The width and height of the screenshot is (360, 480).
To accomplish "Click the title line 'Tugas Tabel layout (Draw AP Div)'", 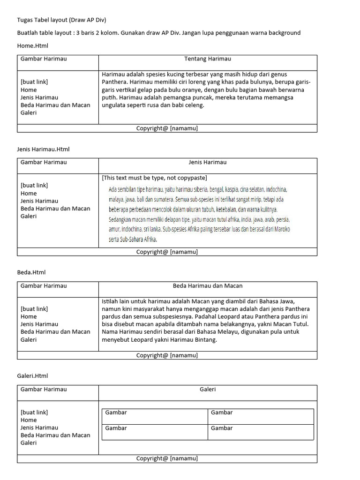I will tap(61, 20).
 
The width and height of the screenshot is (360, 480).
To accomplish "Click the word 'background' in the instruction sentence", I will tap(283, 33).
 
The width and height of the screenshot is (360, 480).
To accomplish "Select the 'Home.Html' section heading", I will tap(32, 46).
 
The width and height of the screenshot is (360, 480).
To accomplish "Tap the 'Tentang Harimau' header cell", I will tap(207, 59).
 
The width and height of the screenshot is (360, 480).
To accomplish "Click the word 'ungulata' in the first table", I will tap(113, 105).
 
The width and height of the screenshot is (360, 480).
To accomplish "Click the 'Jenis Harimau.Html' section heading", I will tap(43, 149).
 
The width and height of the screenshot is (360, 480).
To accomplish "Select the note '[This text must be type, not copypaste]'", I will tap(154, 178).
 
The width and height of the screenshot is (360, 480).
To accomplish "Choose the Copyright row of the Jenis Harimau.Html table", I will tap(167, 252).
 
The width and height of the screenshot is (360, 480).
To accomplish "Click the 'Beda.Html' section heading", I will tap(31, 272).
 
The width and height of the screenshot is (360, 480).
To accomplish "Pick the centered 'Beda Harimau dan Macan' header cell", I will tap(207, 286).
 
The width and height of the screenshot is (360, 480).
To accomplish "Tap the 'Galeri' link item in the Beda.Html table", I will tap(28, 339).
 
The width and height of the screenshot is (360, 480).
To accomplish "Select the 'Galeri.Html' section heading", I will tap(33, 376).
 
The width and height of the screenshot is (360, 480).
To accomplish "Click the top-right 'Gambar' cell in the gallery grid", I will tap(222, 412).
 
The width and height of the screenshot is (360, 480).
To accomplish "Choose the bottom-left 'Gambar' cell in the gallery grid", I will tap(116, 428).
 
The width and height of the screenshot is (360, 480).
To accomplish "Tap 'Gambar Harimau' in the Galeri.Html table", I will tap(44, 389).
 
